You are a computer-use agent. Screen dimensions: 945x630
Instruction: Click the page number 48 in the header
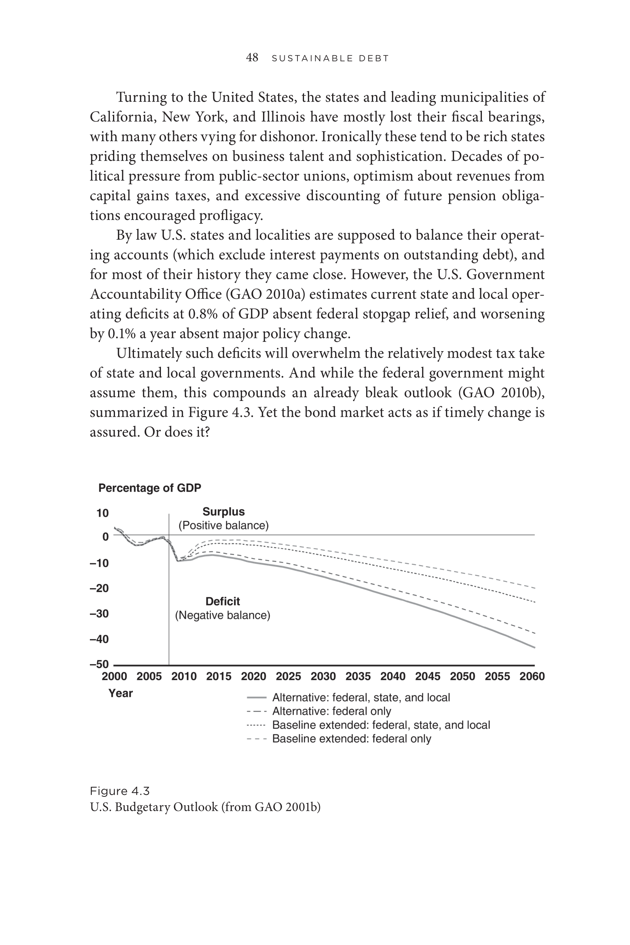coord(252,58)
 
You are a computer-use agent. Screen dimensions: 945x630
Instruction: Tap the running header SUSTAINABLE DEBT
coord(330,59)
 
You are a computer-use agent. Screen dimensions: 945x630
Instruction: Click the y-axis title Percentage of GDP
coord(149,488)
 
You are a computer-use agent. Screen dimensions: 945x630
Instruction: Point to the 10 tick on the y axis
coord(103,513)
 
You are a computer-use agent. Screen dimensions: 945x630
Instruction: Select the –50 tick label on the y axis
coord(99,664)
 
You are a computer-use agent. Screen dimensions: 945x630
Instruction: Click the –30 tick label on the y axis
coord(99,614)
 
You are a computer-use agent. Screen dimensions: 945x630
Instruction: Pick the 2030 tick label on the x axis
coord(323,676)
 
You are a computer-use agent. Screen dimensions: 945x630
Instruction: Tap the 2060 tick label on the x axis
coord(532,676)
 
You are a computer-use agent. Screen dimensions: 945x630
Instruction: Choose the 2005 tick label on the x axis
coord(149,676)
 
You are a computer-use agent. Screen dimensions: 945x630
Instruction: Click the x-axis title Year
coord(120,693)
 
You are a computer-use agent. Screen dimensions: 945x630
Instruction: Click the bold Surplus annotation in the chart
coord(223,512)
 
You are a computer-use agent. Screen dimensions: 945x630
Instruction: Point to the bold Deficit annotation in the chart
coord(223,602)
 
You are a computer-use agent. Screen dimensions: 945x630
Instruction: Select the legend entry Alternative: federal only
coord(331,711)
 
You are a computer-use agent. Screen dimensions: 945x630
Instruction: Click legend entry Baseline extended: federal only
coord(351,739)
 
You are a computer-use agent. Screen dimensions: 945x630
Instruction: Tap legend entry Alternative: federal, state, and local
coord(361,698)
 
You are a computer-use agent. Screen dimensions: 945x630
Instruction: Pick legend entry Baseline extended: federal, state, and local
coord(381,725)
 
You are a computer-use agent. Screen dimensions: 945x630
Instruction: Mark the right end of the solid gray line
coord(534,647)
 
